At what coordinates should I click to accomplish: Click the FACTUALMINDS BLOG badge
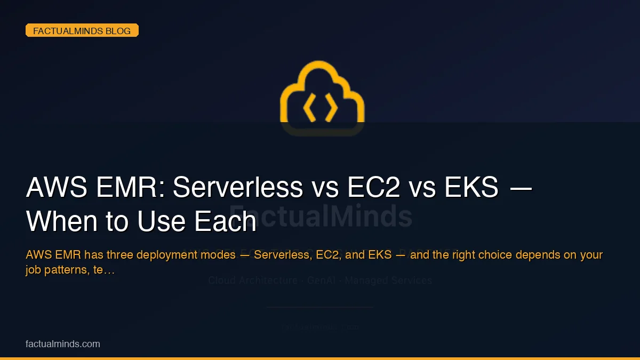tap(82, 31)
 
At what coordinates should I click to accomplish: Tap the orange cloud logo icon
tap(322, 98)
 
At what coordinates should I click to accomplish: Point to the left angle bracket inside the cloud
tap(309, 108)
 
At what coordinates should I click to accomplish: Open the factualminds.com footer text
tap(63, 344)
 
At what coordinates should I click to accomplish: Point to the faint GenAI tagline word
tap(320, 280)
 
